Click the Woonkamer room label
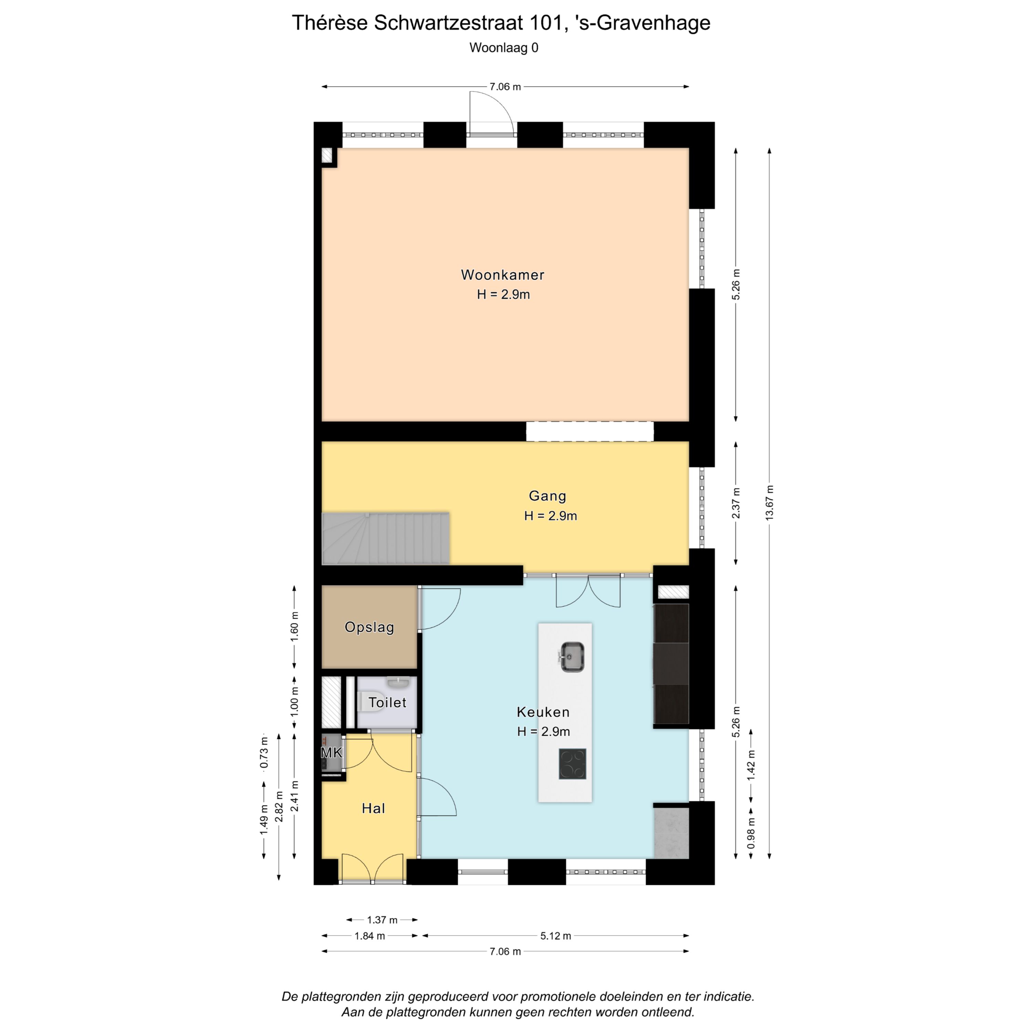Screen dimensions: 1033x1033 point(503,275)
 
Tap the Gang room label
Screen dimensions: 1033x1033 point(547,496)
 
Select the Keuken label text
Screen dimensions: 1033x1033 point(543,712)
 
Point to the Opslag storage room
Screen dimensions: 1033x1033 point(369,627)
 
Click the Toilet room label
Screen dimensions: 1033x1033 point(387,702)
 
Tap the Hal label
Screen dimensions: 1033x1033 point(373,808)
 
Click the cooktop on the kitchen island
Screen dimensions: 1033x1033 point(572,763)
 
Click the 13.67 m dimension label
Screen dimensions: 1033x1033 point(769,503)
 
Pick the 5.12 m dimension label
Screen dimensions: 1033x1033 point(555,936)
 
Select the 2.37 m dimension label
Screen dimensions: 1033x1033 point(736,503)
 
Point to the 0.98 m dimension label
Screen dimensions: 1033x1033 point(751,833)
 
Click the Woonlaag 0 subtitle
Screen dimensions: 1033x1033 point(504,48)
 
